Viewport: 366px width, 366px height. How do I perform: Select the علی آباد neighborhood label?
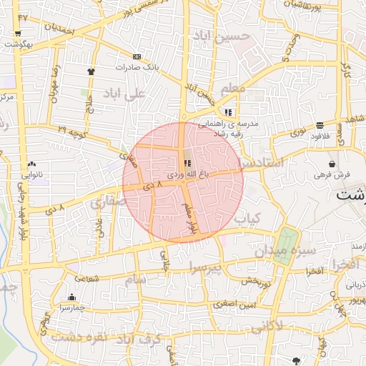click(x=124, y=94)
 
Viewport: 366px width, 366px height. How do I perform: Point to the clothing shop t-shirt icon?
click(x=91, y=71)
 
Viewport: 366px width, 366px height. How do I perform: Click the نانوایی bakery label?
click(x=34, y=173)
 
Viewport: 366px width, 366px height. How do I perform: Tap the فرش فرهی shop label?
click(x=332, y=174)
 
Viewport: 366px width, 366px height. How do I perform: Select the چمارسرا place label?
click(x=71, y=307)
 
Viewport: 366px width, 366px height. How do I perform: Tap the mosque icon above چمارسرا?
click(x=71, y=297)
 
